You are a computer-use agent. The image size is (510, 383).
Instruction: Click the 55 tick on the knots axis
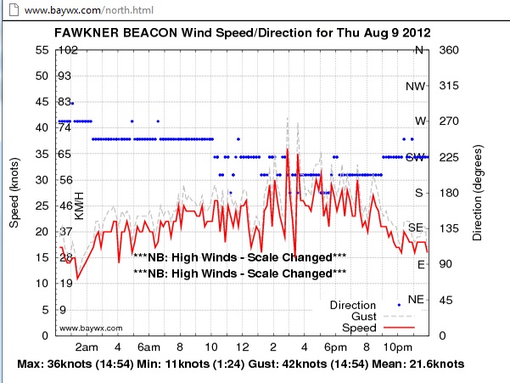click(x=42, y=49)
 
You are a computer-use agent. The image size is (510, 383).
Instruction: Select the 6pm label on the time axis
click(x=334, y=349)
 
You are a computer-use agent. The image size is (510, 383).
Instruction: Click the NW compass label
click(x=416, y=86)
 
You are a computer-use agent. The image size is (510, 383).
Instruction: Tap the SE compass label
click(x=416, y=228)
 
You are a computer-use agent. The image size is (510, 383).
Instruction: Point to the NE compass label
click(x=416, y=300)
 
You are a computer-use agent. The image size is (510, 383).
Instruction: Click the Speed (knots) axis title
click(x=14, y=192)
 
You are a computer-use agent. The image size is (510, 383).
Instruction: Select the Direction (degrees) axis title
click(x=478, y=192)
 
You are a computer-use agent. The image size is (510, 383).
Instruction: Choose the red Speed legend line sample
click(x=399, y=328)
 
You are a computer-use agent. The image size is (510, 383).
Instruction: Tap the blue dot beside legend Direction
click(x=399, y=304)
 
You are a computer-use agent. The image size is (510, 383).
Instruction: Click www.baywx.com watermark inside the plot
click(x=91, y=328)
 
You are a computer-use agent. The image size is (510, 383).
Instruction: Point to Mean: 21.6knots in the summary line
click(x=419, y=364)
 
